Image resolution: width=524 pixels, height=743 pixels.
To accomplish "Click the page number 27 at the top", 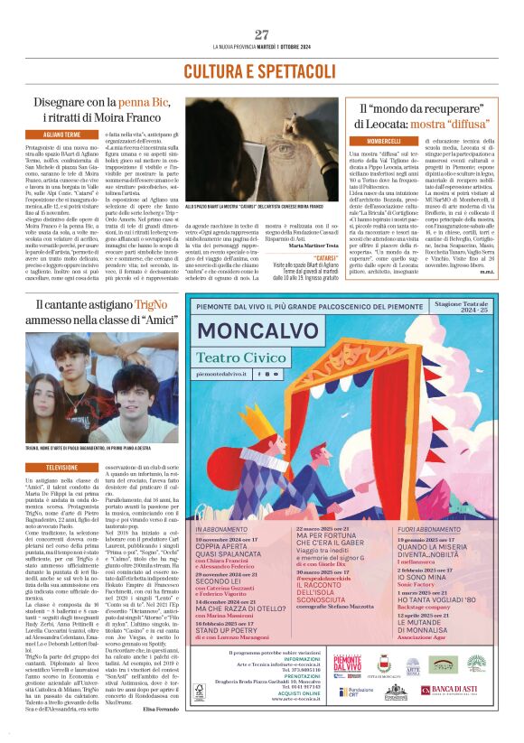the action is click(x=262, y=34).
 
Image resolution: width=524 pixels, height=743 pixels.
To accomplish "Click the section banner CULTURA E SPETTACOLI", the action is click(x=261, y=71).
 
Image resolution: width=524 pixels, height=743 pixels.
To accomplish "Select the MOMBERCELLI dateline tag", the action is click(x=385, y=141).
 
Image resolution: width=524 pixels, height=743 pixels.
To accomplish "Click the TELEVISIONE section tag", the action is click(x=61, y=467).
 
